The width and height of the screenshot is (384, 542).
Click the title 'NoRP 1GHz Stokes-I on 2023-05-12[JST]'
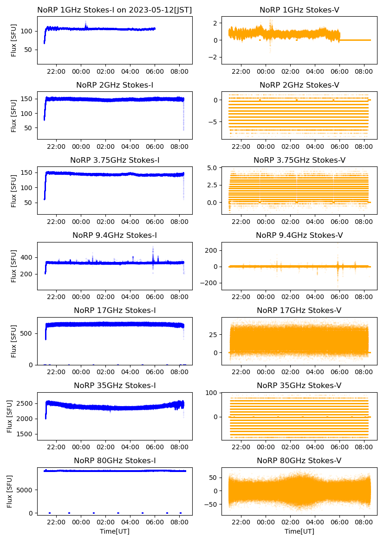(115, 10)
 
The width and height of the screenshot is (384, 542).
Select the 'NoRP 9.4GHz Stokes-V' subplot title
(299, 236)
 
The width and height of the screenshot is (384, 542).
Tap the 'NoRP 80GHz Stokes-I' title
(115, 460)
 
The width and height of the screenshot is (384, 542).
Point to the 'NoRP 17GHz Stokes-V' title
(299, 310)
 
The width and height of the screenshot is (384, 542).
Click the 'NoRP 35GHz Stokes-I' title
(115, 385)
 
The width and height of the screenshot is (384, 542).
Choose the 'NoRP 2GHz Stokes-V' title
(299, 85)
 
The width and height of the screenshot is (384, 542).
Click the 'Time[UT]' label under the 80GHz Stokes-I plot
(115, 531)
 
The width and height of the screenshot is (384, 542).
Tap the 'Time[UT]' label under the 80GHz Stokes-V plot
(299, 531)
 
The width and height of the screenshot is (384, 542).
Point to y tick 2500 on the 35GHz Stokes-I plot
(26, 403)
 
